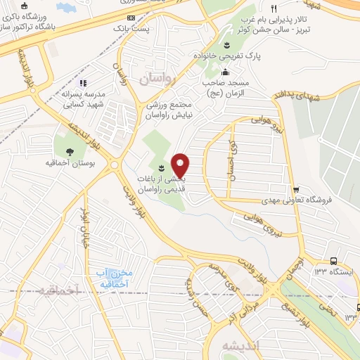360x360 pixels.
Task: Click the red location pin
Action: (181, 165)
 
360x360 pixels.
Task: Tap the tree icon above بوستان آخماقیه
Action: (69, 151)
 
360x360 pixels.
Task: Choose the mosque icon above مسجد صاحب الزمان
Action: (225, 73)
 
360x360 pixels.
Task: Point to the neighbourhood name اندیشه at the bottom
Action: (239, 345)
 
